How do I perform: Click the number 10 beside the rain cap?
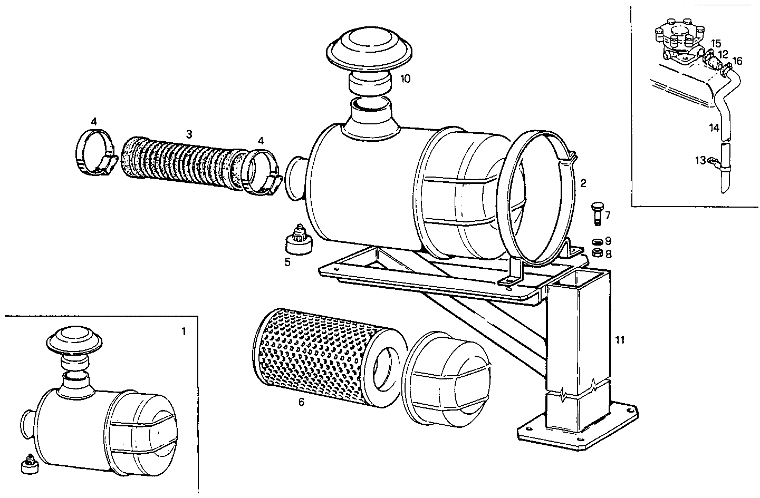[405, 79]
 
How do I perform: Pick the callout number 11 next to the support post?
[620, 340]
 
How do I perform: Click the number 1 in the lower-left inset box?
[183, 331]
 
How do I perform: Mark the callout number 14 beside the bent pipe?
[714, 128]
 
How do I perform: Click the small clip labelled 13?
[713, 161]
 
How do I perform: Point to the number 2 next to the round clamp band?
[583, 183]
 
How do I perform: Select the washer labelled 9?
[597, 241]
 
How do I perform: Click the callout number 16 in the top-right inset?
[737, 61]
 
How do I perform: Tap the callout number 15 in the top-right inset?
[716, 43]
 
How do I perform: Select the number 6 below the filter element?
[301, 402]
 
